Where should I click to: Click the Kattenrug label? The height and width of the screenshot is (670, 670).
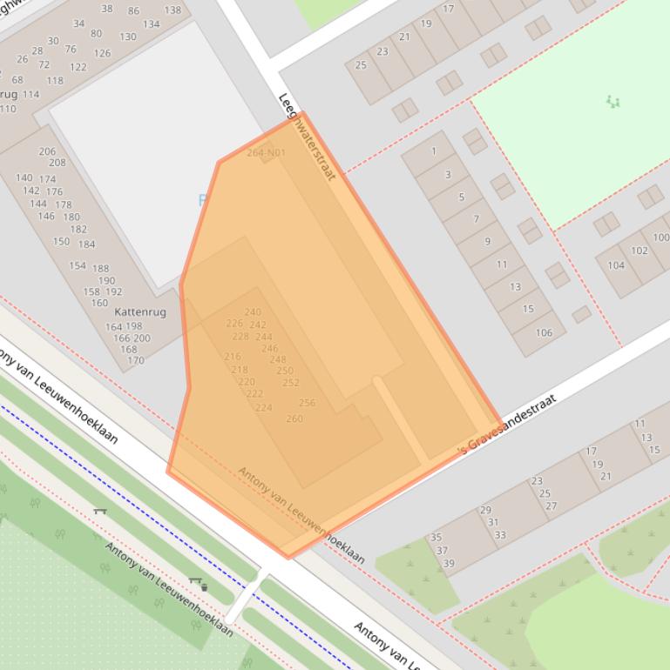tap(140, 312)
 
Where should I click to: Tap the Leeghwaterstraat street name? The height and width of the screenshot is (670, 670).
tap(307, 137)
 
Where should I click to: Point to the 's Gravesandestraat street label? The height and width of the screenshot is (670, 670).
tap(495, 423)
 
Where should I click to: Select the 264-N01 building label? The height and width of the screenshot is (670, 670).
tap(266, 153)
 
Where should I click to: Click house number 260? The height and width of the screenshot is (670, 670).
tap(294, 419)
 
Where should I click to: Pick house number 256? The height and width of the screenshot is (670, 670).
tap(307, 403)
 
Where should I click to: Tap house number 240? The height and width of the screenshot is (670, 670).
tap(253, 312)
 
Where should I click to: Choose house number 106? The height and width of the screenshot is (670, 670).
tap(544, 332)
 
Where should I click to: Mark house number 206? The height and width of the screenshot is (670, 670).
tap(47, 151)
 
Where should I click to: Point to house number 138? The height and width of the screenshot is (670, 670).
tap(173, 10)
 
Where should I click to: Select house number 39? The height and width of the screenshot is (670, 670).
tap(449, 563)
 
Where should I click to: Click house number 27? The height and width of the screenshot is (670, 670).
tap(551, 506)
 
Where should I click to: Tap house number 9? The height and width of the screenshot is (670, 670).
tap(488, 241)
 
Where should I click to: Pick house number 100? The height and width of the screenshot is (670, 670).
tap(660, 237)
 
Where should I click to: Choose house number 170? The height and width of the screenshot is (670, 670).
tap(135, 360)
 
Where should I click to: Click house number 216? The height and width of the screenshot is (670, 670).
tap(232, 357)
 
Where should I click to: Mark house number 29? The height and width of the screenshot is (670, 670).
tap(485, 510)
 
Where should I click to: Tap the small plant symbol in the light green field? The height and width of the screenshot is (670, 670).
tap(613, 102)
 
